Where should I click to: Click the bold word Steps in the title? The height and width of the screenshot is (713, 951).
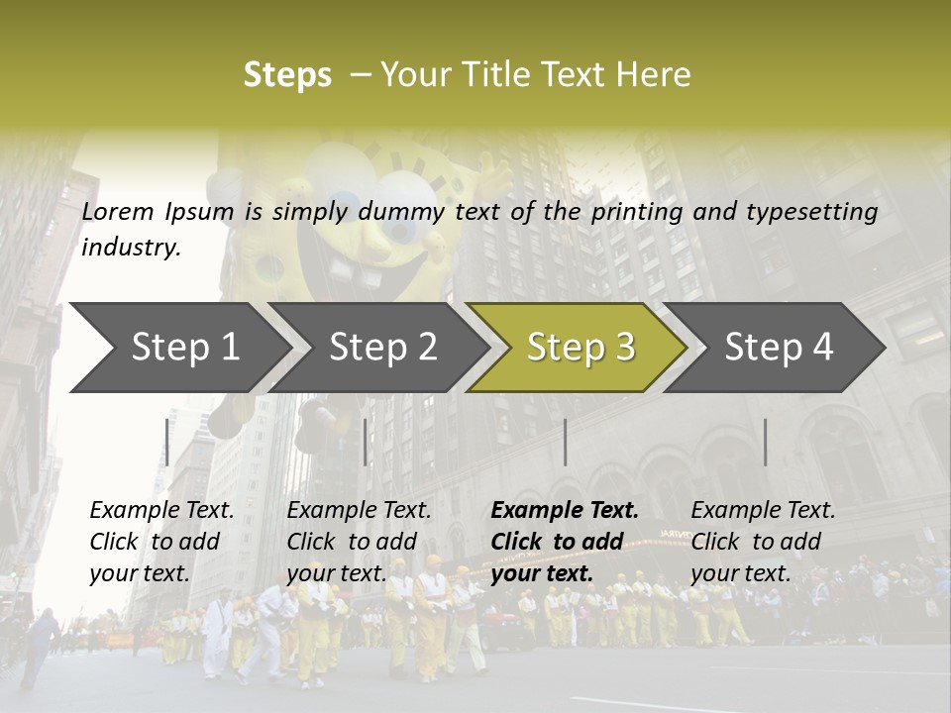(x=287, y=75)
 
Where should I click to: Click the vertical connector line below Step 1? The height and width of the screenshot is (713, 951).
(x=167, y=442)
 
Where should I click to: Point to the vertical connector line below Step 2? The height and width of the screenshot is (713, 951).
(x=366, y=442)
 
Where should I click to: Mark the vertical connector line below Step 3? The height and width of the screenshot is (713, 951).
(x=566, y=442)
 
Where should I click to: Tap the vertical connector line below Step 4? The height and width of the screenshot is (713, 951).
(x=766, y=442)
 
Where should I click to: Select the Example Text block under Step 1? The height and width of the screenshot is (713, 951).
(x=162, y=542)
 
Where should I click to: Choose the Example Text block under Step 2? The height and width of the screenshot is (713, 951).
(x=359, y=542)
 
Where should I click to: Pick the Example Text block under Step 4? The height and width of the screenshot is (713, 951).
(x=763, y=542)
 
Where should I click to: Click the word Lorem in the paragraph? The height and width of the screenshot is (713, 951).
(x=118, y=211)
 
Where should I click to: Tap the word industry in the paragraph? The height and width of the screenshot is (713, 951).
(x=131, y=248)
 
